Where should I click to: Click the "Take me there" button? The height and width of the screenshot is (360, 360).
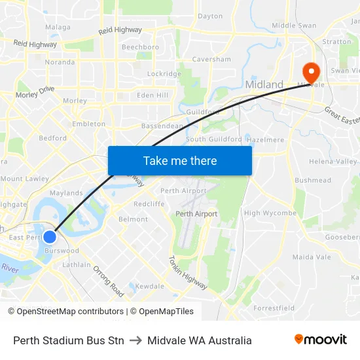[x=180, y=160]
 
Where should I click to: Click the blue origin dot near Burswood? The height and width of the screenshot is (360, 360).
[x=49, y=236]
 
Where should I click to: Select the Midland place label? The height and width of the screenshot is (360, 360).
[x=264, y=84]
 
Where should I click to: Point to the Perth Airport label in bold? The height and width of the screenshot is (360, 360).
[x=196, y=214]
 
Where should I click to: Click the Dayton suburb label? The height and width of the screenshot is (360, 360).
[x=210, y=16]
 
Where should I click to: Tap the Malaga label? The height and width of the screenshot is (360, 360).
[x=58, y=27]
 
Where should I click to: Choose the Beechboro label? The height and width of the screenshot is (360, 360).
[x=140, y=47]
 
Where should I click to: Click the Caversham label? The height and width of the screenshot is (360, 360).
[x=211, y=59]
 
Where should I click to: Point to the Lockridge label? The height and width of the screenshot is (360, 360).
[x=164, y=74]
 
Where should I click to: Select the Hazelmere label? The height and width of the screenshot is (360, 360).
[x=266, y=140]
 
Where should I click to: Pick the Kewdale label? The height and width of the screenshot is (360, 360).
[x=150, y=286]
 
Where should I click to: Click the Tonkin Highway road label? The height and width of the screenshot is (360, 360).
[x=188, y=273]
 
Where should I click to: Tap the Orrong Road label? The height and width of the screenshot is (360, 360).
[x=108, y=281]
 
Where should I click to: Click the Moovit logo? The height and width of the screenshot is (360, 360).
[x=321, y=340]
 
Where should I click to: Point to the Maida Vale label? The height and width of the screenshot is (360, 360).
[x=312, y=257]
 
